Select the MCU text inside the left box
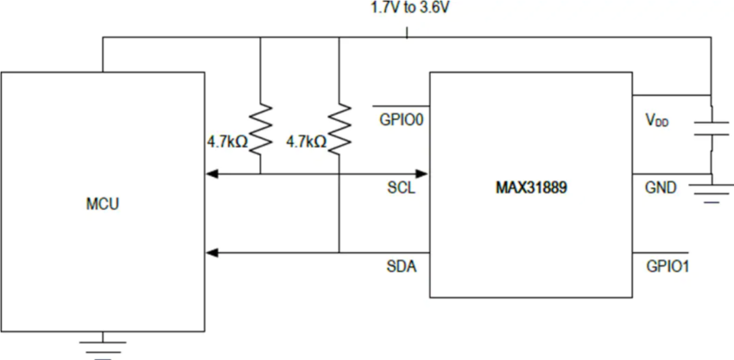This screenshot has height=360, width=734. (103, 205)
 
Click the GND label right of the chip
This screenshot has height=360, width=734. (661, 187)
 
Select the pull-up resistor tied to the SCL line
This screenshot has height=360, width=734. (261, 129)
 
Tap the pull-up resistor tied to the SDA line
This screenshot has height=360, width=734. (339, 129)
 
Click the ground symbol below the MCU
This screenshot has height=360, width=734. (103, 347)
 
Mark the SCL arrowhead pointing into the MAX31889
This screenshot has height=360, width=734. (422, 174)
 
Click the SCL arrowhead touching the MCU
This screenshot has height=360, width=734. (212, 174)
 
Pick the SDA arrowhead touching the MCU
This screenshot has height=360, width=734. (212, 253)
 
